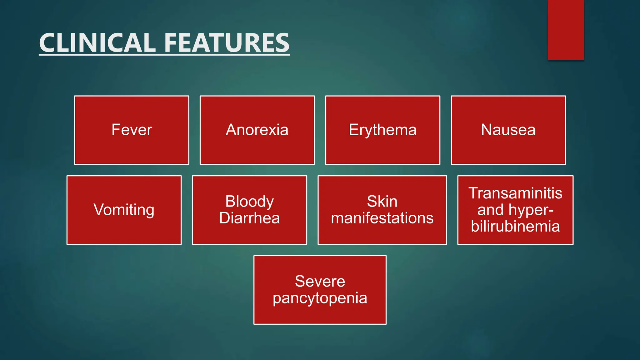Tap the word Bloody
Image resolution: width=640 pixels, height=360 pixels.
[249, 201]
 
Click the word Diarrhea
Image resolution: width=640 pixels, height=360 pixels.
[249, 218]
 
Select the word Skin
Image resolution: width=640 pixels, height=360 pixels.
[382, 201]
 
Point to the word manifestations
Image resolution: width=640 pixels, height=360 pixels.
[382, 218]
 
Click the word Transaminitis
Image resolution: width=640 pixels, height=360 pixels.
[515, 193]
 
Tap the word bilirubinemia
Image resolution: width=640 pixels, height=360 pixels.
[515, 226]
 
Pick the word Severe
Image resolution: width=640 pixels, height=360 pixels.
[320, 281]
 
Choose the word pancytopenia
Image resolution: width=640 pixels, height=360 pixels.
[320, 298]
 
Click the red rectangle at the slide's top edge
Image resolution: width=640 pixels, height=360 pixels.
[566, 30]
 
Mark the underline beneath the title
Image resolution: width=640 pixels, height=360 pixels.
[164, 55]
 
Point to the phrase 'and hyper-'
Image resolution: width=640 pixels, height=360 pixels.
[515, 210]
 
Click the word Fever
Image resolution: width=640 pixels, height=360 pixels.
[132, 130]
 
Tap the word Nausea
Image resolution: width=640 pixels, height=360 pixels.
[508, 130]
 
